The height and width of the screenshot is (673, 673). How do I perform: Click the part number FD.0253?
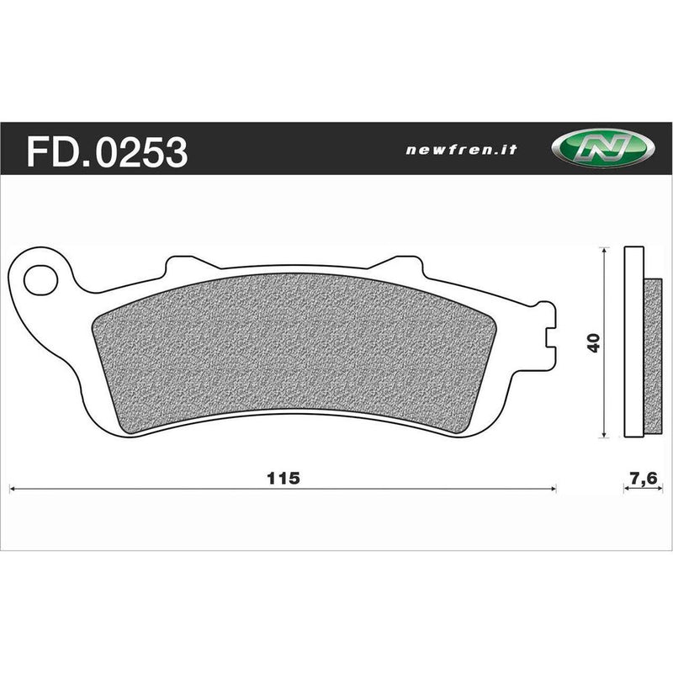pos(108,152)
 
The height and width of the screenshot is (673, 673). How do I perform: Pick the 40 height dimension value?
pos(594,343)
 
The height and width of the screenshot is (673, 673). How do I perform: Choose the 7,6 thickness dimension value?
pos(643,479)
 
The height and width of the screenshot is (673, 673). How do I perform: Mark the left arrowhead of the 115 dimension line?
pos(11,487)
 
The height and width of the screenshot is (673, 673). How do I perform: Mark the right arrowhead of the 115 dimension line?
pos(554,487)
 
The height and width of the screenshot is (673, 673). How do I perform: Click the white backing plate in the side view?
pos(633,343)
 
